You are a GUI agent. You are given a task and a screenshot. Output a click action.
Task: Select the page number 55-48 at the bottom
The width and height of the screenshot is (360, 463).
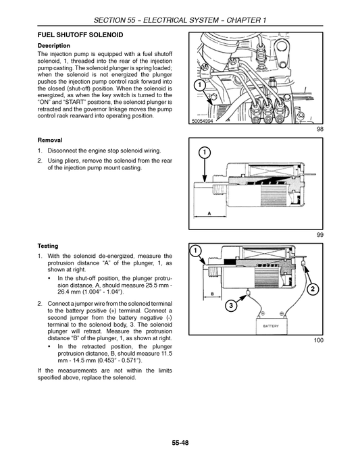click(x=180, y=441)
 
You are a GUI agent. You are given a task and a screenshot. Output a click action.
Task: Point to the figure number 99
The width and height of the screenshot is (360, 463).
click(x=319, y=235)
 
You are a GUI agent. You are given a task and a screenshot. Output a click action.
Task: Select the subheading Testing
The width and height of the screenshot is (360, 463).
click(x=48, y=246)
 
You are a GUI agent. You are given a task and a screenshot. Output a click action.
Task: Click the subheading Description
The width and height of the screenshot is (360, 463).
click(x=54, y=45)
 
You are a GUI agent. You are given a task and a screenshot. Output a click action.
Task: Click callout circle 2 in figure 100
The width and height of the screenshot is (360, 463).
click(x=313, y=289)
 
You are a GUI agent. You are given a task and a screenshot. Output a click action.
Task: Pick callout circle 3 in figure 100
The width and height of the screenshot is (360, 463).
click(x=231, y=306)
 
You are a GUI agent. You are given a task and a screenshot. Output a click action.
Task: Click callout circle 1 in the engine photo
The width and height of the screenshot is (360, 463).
click(x=199, y=86)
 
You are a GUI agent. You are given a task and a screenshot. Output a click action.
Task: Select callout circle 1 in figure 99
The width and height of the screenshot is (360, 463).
click(x=205, y=153)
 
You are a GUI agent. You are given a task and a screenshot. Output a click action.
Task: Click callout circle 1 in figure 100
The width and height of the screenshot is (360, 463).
click(x=195, y=252)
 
